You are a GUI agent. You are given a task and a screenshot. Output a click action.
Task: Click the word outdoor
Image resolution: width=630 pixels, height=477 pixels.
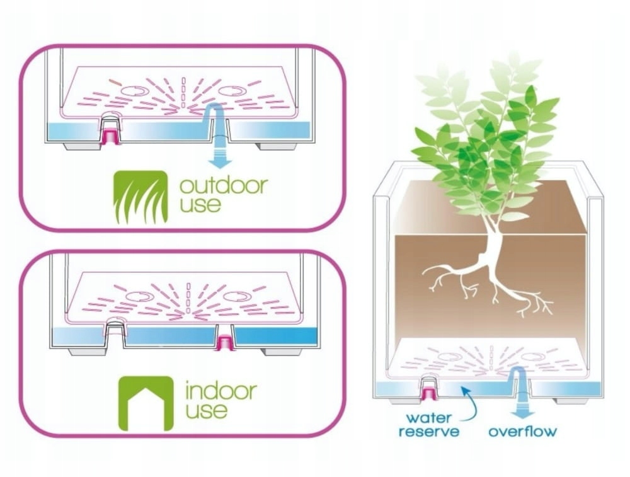[x=224, y=186]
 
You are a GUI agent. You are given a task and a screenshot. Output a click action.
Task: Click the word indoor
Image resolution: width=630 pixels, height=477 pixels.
[x=220, y=391]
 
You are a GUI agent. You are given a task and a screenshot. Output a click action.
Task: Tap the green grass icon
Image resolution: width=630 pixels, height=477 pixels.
[x=140, y=197]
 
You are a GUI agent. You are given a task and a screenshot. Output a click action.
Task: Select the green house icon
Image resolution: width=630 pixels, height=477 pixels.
[x=146, y=403]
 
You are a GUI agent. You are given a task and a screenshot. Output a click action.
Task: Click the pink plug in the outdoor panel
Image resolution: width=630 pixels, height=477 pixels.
[x=110, y=136]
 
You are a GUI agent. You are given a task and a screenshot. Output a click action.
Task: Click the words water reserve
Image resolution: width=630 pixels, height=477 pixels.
[x=428, y=425]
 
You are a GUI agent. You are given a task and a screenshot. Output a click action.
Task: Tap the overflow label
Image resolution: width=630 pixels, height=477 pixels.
[x=523, y=432]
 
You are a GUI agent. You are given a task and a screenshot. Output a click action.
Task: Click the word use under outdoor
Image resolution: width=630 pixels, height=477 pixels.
[x=200, y=205]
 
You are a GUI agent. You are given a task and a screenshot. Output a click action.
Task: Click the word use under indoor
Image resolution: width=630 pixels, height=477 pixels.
[x=207, y=410]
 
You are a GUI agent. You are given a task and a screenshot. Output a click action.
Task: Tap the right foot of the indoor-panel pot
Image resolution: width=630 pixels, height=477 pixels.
[x=282, y=352]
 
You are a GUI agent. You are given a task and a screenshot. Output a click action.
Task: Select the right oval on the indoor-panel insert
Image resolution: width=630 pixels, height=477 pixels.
[x=237, y=297]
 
